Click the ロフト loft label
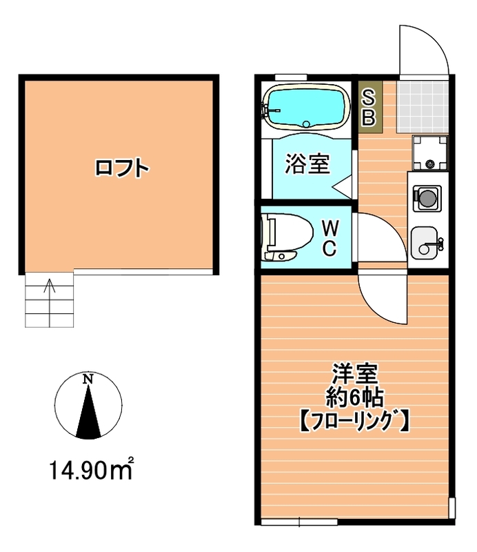(x=122, y=168)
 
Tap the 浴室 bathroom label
(x=307, y=164)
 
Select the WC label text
(x=330, y=238)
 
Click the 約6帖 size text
(x=354, y=397)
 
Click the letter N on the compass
(x=88, y=379)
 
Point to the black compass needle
(x=88, y=414)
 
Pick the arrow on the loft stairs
(x=48, y=286)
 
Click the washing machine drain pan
(x=430, y=152)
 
